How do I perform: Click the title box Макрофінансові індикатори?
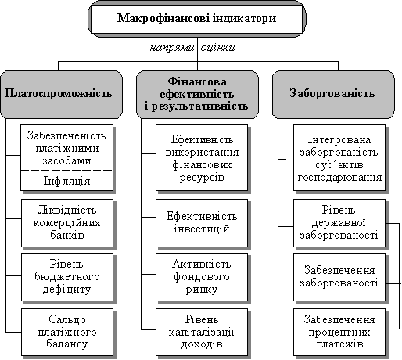197,19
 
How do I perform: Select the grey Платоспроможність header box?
62,95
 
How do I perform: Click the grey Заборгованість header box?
333,95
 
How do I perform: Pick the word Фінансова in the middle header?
197,81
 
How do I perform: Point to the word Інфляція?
66,181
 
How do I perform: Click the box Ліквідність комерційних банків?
67,223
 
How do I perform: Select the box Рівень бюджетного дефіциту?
67,277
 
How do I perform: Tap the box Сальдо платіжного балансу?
67,332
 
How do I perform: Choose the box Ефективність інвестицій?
202,223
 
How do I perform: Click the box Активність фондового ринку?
202,277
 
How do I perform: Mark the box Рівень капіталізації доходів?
202,332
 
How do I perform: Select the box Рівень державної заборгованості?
339,223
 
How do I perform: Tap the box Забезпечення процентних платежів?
339,332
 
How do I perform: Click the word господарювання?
339,178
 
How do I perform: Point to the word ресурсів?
202,178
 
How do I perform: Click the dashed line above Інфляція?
66,171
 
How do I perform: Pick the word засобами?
66,160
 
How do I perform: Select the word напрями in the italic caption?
172,48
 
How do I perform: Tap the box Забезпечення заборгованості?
339,277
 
